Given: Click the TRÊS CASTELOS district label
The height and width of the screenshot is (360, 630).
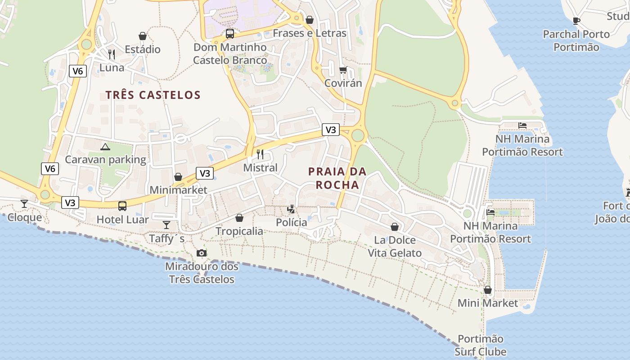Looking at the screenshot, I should pyautogui.click(x=153, y=95).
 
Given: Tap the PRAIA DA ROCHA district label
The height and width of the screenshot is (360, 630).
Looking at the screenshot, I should pyautogui.click(x=337, y=178).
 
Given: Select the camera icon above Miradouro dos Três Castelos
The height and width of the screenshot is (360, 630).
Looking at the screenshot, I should pyautogui.click(x=202, y=253).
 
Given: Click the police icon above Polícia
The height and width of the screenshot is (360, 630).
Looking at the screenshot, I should pyautogui.click(x=291, y=209).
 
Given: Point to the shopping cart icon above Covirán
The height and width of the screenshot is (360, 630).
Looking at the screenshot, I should pyautogui.click(x=343, y=70).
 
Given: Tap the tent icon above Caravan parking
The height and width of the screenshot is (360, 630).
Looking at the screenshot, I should pyautogui.click(x=105, y=147).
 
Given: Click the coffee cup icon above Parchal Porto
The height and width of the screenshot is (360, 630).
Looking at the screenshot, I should pyautogui.click(x=576, y=21).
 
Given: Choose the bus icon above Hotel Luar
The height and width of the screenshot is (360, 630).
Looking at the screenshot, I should pyautogui.click(x=122, y=206).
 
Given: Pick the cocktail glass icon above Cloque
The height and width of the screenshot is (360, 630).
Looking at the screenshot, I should pyautogui.click(x=24, y=204).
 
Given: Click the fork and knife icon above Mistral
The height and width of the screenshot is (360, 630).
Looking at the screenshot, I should pyautogui.click(x=260, y=154).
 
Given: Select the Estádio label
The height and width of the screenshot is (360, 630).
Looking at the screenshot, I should pyautogui.click(x=143, y=49).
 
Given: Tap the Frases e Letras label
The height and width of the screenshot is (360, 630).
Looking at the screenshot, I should pyautogui.click(x=310, y=33).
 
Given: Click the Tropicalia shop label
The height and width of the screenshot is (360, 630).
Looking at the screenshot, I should pyautogui.click(x=239, y=231).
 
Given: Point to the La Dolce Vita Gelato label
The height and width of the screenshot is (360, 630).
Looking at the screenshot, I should pyautogui.click(x=395, y=247).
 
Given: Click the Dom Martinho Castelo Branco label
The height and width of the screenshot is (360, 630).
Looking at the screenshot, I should pyautogui.click(x=230, y=54).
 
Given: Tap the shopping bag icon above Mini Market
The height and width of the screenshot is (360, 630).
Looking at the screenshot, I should pyautogui.click(x=488, y=290).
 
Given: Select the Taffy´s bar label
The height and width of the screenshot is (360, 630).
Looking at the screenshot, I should pyautogui.click(x=166, y=238).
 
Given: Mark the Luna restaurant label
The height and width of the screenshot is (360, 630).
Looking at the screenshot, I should pyautogui.click(x=112, y=67).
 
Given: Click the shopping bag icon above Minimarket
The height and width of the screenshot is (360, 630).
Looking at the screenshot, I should pyautogui.click(x=178, y=177).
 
